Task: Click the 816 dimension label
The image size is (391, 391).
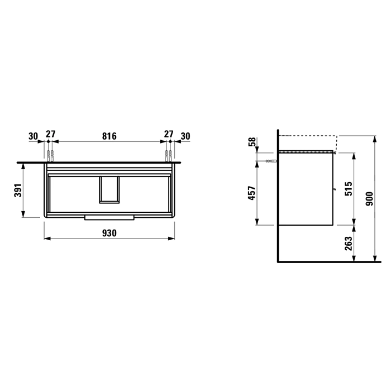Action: point(109,136)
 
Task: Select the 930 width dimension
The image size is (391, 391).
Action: point(109,233)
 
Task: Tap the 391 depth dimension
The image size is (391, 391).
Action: point(18,190)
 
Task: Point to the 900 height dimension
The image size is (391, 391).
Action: point(369,199)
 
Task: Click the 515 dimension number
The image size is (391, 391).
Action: point(349,189)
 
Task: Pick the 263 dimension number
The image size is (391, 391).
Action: point(349,244)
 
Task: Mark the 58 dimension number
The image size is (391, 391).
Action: point(252,142)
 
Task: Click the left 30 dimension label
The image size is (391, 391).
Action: point(33,136)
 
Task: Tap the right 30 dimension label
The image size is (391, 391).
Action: point(185,136)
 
